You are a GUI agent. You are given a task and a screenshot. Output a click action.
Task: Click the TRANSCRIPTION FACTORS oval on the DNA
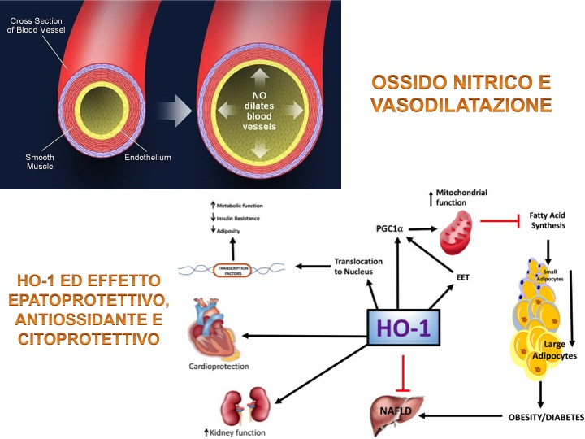[x=242, y=267]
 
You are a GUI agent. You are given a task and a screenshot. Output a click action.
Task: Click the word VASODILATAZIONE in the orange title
[x=461, y=105]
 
